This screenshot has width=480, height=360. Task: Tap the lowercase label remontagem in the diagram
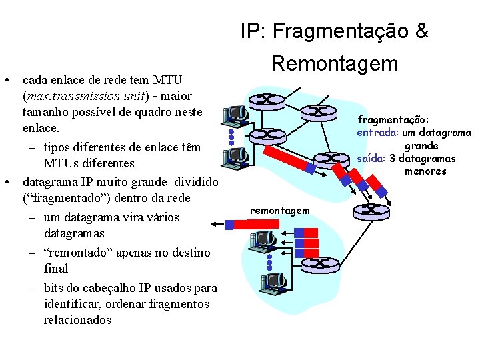click(279, 211)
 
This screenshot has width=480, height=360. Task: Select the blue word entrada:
click(377, 132)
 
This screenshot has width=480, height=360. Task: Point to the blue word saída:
click(371, 159)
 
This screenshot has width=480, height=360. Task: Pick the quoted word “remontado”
click(79, 253)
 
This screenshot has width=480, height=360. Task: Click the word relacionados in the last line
click(77, 320)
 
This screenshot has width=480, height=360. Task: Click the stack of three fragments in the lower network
click(309, 243)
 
